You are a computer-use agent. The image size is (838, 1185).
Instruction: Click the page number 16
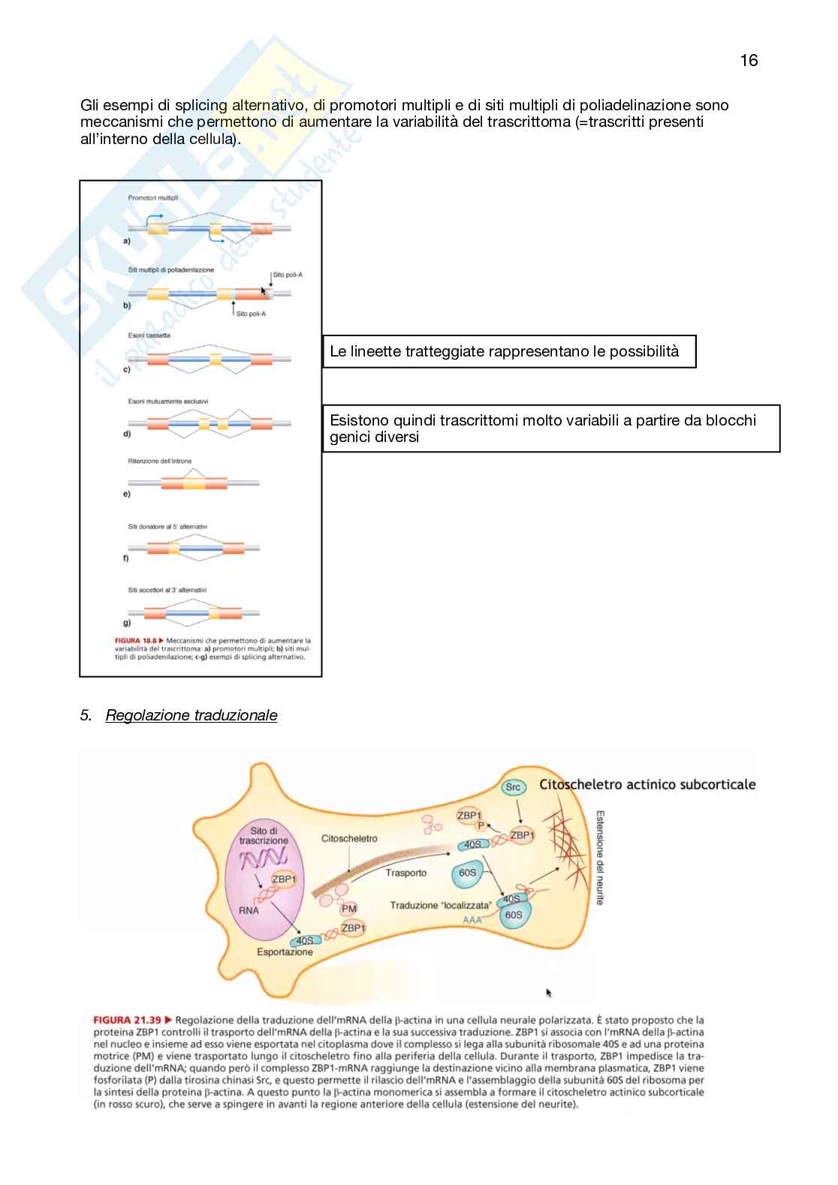pyautogui.click(x=749, y=61)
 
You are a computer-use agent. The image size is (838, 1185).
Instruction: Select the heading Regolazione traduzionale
pyautogui.click(x=191, y=715)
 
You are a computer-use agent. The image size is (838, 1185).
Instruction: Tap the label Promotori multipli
pyautogui.click(x=153, y=198)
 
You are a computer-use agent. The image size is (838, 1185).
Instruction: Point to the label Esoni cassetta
pyautogui.click(x=149, y=335)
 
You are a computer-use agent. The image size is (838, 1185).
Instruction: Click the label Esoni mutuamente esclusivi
pyautogui.click(x=168, y=402)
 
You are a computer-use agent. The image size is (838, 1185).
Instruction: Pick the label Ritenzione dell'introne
pyautogui.click(x=159, y=461)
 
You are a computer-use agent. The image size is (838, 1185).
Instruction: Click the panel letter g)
pyautogui.click(x=127, y=622)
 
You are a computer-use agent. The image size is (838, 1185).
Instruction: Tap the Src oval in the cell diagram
pyautogui.click(x=513, y=787)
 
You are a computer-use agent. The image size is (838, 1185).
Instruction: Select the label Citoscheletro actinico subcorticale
pyautogui.click(x=647, y=784)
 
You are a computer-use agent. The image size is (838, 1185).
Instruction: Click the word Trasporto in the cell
pyautogui.click(x=405, y=873)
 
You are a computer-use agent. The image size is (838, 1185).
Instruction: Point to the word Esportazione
pyautogui.click(x=285, y=952)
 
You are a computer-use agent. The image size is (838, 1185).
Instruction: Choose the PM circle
pyautogui.click(x=349, y=909)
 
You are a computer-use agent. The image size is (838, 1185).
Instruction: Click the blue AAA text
pyautogui.click(x=472, y=920)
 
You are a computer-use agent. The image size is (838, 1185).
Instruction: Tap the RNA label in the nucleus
pyautogui.click(x=249, y=910)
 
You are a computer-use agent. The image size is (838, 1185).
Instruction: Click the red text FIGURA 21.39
pyautogui.click(x=127, y=1020)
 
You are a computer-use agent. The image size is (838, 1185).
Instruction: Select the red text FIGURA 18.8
pyautogui.click(x=135, y=641)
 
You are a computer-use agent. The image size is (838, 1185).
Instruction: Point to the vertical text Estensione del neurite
pyautogui.click(x=600, y=857)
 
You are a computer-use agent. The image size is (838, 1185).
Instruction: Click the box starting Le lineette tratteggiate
pyautogui.click(x=509, y=351)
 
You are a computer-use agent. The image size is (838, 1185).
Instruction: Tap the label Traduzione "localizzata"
pyautogui.click(x=441, y=905)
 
